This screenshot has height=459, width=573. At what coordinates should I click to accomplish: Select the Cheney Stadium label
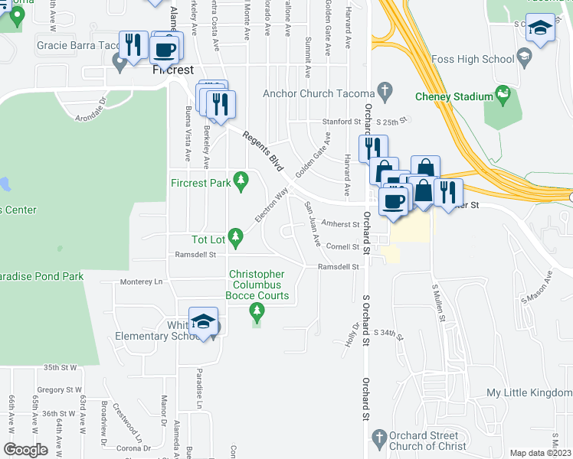pyautogui.click(x=453, y=96)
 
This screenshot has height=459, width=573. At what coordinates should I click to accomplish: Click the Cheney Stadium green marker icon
pyautogui.click(x=503, y=95)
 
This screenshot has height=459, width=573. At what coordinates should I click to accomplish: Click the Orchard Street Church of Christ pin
pyautogui.click(x=377, y=438)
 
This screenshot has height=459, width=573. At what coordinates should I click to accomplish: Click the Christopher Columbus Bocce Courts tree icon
pyautogui.click(x=257, y=311)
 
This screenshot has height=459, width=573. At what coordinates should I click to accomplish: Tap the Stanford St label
pyautogui.click(x=342, y=122)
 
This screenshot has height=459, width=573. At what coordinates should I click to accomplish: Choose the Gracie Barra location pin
pyautogui.click(x=120, y=62)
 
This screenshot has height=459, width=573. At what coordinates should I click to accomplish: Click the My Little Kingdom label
pyautogui.click(x=529, y=393)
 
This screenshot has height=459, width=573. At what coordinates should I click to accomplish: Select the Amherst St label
pyautogui.click(x=340, y=224)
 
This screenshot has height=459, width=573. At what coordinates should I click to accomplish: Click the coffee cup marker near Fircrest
pyautogui.click(x=165, y=50)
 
